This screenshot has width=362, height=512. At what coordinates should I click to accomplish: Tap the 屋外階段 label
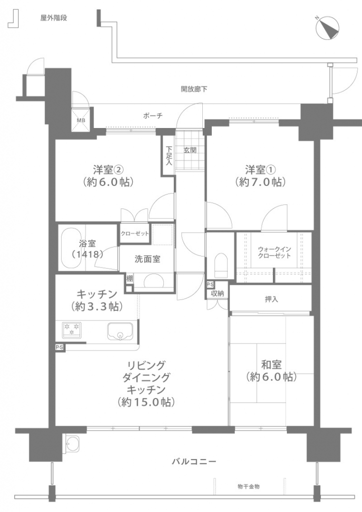pos(54,18)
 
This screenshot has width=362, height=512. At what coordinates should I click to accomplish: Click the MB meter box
pos(81,119)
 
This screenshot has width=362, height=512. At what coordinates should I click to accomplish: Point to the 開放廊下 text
pos(194,89)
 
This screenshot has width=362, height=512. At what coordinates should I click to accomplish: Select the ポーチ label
pos(153,115)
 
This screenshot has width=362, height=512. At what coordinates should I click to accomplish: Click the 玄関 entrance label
pos(190,150)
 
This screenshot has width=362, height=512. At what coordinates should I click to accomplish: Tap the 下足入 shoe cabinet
pos(168,155)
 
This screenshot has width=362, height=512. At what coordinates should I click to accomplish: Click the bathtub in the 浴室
pos(72,247)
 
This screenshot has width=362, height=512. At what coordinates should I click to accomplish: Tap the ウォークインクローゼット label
pos(274,252)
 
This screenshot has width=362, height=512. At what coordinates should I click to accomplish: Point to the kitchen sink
pos(120,331)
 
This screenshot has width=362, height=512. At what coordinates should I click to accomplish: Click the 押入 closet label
pos(271,299)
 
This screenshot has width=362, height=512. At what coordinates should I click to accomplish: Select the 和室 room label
pos(271,364)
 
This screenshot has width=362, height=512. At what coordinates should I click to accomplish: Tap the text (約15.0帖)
pos(146,402)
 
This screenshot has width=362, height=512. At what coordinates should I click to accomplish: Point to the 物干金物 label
pos(248,486)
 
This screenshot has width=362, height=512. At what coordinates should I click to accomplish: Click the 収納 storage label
pos(217,293)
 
